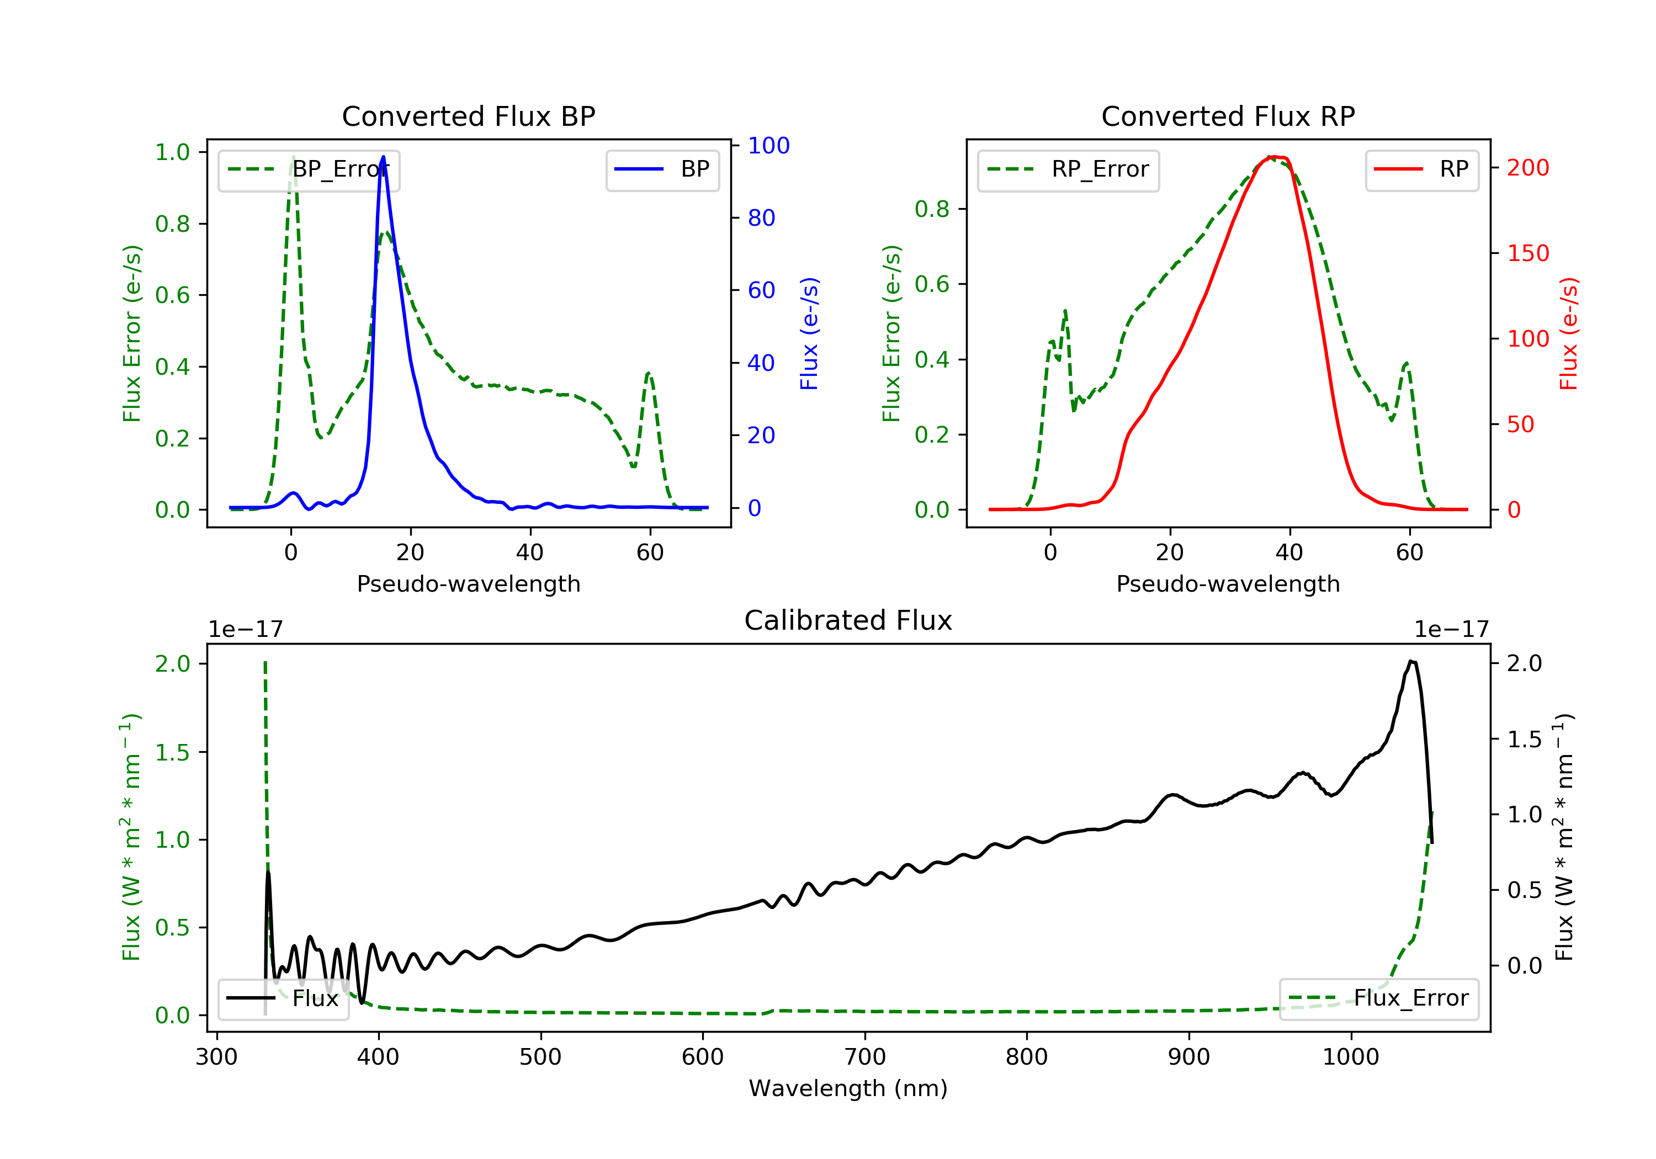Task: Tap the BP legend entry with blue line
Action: (662, 169)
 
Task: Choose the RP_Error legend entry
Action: (1068, 169)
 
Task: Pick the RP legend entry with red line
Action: (1421, 169)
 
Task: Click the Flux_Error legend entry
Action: (1378, 998)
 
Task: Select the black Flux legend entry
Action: (283, 998)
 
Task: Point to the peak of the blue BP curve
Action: (383, 157)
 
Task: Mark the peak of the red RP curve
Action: (1275, 157)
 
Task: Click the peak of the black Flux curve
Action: (1411, 661)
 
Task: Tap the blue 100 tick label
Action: (768, 146)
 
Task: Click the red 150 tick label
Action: (1527, 253)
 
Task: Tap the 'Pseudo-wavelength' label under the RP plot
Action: (1228, 583)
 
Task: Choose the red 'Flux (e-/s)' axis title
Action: (1569, 333)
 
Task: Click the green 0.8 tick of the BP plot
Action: (172, 224)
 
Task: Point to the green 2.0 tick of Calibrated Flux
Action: (172, 663)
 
